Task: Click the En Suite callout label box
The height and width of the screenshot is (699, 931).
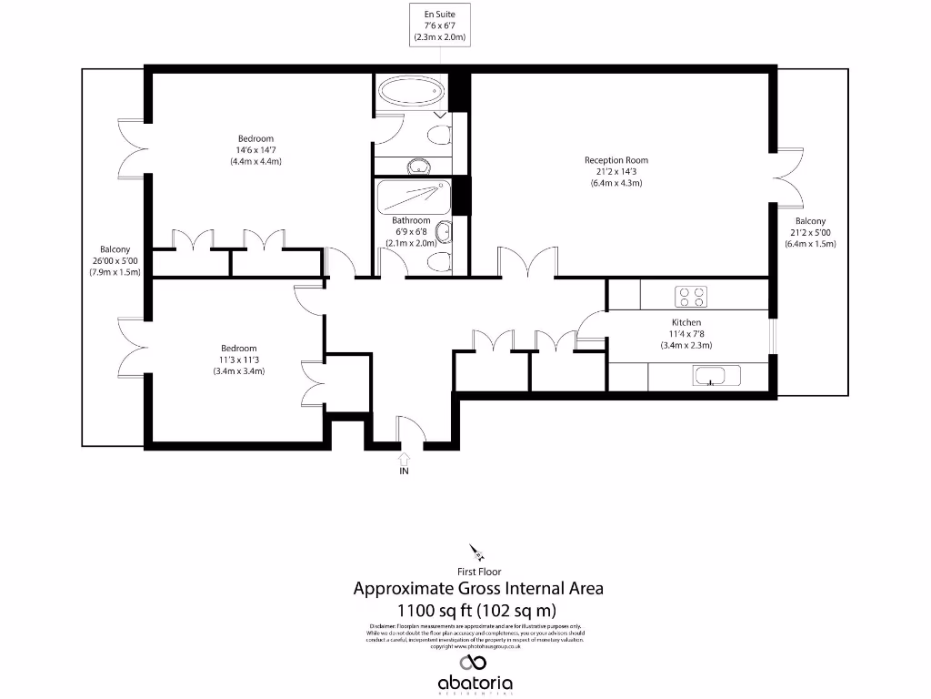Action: pyautogui.click(x=439, y=26)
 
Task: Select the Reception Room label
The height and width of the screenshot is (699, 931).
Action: pyautogui.click(x=616, y=171)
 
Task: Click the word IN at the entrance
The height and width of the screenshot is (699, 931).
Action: pyautogui.click(x=404, y=472)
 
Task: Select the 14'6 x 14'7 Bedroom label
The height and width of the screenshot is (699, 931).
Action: pyautogui.click(x=255, y=150)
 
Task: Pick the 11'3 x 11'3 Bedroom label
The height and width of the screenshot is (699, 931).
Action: pyautogui.click(x=238, y=359)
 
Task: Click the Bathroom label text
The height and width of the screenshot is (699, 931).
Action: pyautogui.click(x=411, y=221)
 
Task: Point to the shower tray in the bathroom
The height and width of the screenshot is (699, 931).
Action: pyautogui.click(x=412, y=196)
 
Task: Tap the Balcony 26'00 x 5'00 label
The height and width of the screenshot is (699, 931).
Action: pyautogui.click(x=115, y=260)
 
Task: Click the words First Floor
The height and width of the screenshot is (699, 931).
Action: pyautogui.click(x=478, y=572)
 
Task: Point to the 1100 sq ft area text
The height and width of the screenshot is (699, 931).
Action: pyautogui.click(x=477, y=610)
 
